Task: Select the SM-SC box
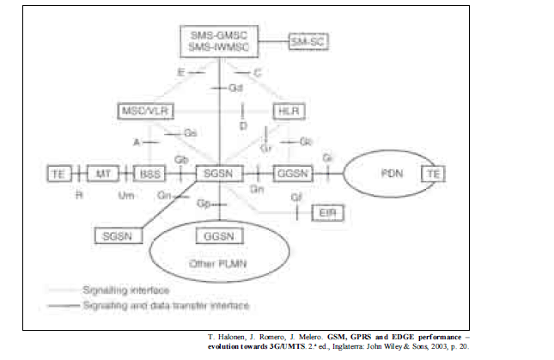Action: [310, 40]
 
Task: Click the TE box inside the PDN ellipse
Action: [434, 173]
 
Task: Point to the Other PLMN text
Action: [221, 263]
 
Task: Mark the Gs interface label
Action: [191, 133]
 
